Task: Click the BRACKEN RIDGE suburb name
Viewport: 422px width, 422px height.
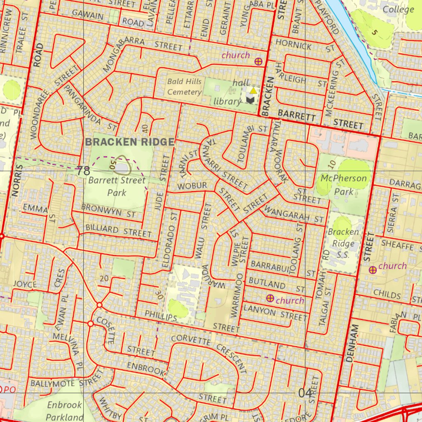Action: coord(130,142)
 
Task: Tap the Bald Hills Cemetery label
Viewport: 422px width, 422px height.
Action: coord(184,87)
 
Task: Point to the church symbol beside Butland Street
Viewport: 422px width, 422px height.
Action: coord(270,298)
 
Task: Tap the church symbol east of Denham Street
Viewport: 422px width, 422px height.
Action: coord(373,270)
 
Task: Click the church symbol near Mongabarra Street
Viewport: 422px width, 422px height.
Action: coord(258,61)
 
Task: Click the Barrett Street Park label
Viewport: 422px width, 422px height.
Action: coord(117,186)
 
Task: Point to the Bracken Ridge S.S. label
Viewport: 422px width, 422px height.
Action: coord(343,243)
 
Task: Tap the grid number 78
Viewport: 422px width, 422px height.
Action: coord(83,171)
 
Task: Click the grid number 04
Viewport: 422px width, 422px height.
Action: coord(305,394)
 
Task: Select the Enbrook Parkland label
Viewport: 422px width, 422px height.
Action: coord(65,411)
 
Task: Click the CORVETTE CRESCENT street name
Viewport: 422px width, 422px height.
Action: coord(209,349)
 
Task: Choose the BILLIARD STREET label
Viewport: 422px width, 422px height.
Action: coord(118,231)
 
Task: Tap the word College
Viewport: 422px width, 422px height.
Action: coord(398,9)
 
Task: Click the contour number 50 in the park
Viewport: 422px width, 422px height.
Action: coord(112,164)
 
